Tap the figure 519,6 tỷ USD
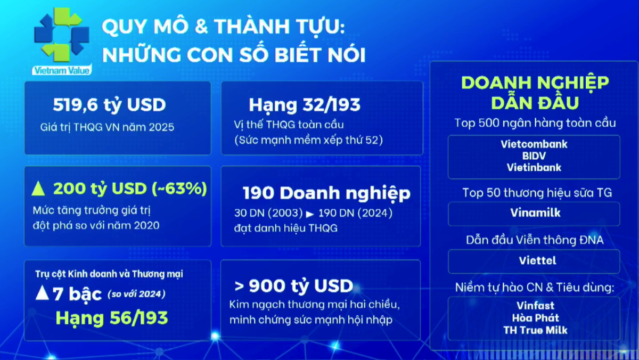pos(109,105)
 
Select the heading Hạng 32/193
pos(305,105)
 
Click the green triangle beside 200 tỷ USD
pos(38,189)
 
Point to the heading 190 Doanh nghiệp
pos(326,193)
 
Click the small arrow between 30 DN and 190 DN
pos(310,214)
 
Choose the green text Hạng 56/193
pos(112,318)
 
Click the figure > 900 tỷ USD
pos(293,286)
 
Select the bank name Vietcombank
pos(534,144)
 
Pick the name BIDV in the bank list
pos(534,156)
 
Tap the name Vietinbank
pos(534,168)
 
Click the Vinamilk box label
pos(534,213)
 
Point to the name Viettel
pos(534,261)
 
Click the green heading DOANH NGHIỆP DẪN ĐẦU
pos(535,92)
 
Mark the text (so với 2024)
pos(136,293)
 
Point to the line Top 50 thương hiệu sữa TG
pos(534,193)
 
